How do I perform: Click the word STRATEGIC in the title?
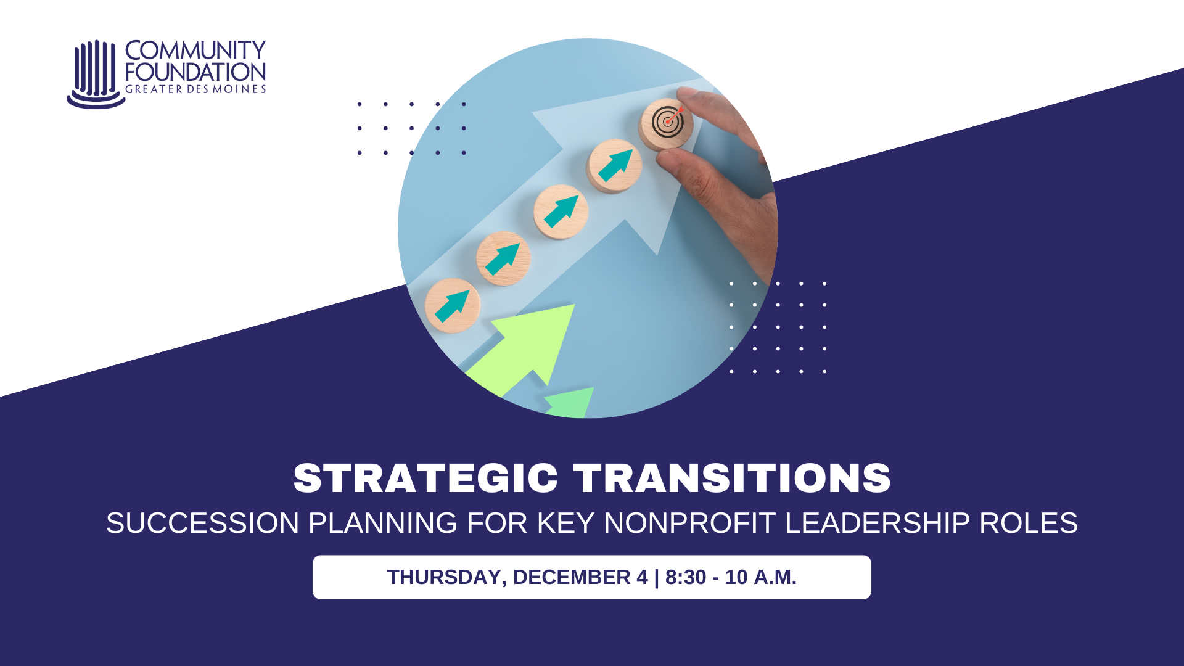[425, 478]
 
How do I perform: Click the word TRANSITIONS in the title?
[733, 478]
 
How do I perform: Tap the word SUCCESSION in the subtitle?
[202, 523]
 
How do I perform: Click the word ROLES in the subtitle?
[1029, 523]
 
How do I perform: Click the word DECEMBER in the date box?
[572, 577]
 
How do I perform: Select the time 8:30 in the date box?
[686, 577]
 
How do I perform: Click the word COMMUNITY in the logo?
[195, 50]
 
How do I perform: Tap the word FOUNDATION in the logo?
[195, 72]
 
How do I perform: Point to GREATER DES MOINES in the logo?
[195, 89]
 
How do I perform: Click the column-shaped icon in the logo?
[95, 74]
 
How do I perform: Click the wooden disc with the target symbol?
[666, 124]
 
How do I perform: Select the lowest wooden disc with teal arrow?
[453, 305]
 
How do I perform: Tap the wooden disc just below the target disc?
[614, 166]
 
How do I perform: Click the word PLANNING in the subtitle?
[382, 523]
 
